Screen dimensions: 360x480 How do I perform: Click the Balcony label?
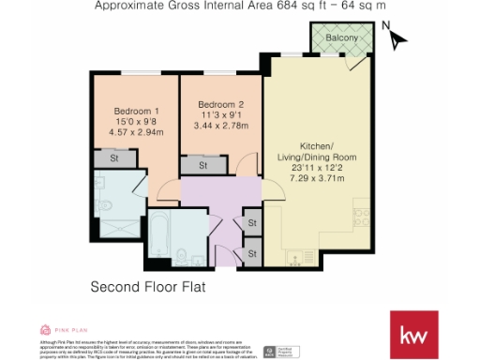pyautogui.click(x=342, y=37)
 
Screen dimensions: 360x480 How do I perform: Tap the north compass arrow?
pyautogui.click(x=397, y=40)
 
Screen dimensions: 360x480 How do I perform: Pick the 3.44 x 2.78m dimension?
pyautogui.click(x=222, y=125)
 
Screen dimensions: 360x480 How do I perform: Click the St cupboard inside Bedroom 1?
pyautogui.click(x=112, y=159)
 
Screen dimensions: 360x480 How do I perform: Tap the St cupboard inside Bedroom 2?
pyautogui.click(x=200, y=164)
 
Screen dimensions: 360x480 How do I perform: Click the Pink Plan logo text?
pyautogui.click(x=70, y=329)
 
